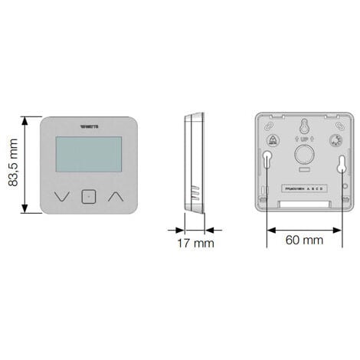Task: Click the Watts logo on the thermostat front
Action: pos(89,127)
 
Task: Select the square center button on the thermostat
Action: pos(88,196)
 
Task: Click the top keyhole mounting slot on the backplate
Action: pos(302,126)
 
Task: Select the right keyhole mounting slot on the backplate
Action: pos(337,159)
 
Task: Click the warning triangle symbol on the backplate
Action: pos(272,140)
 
